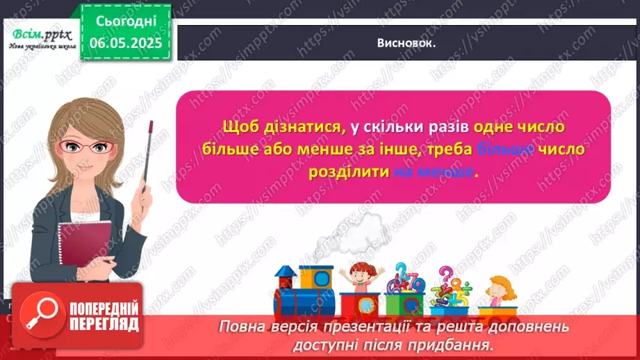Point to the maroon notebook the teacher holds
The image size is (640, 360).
tap(79, 236)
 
